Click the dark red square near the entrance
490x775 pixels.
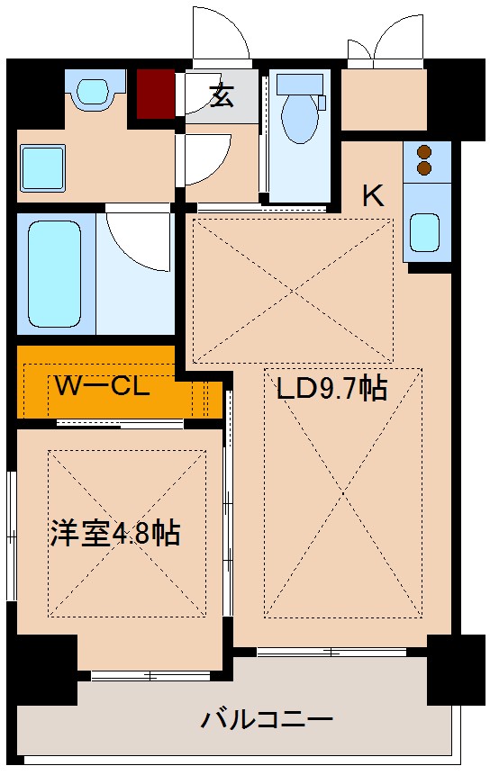pyautogui.click(x=156, y=93)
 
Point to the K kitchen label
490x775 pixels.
pyautogui.click(x=373, y=195)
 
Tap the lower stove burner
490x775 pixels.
pyautogui.click(x=425, y=168)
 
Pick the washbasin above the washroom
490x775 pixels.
pyautogui.click(x=90, y=91)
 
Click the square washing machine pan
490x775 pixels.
pyautogui.click(x=42, y=167)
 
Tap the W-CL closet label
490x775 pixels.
pyautogui.click(x=101, y=387)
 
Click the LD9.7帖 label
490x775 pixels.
pyautogui.click(x=331, y=389)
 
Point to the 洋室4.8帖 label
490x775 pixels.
pyautogui.click(x=114, y=534)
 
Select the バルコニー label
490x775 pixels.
pyautogui.click(x=268, y=719)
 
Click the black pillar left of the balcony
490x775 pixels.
pyautogui.click(x=41, y=667)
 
